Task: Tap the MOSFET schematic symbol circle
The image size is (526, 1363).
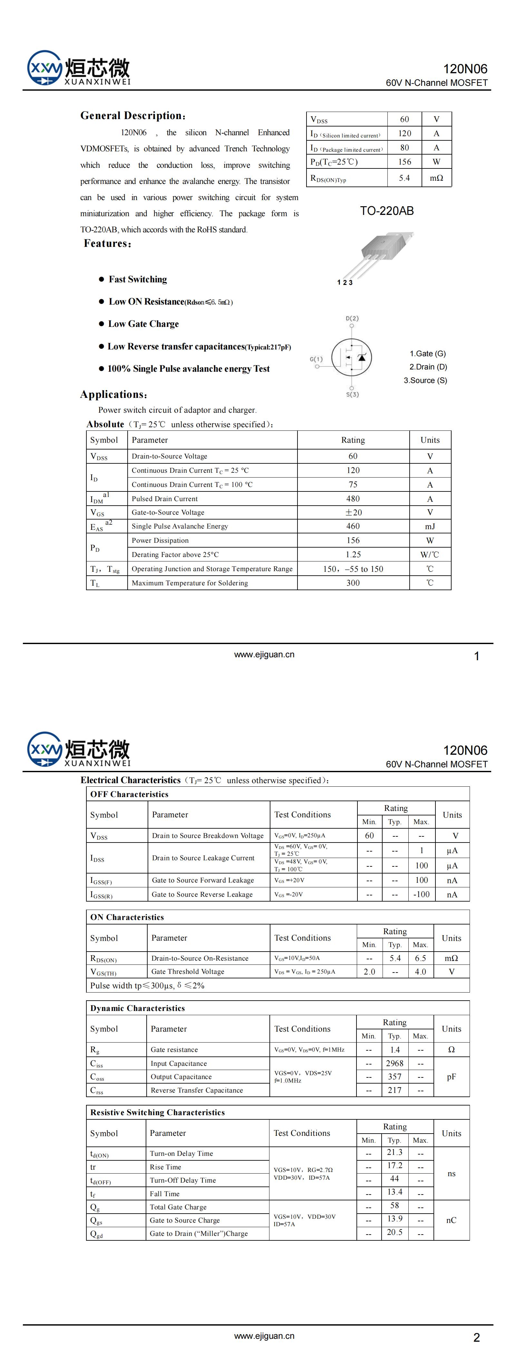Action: (x=352, y=357)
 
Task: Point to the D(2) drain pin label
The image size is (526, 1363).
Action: (x=352, y=318)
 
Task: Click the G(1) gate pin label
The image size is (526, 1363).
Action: (x=316, y=359)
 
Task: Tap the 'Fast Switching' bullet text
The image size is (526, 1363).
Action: (x=137, y=279)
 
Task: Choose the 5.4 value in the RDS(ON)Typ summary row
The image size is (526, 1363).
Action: (x=404, y=178)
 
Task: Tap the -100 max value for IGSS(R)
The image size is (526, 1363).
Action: (x=421, y=894)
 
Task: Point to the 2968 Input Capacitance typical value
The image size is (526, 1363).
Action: (x=394, y=1063)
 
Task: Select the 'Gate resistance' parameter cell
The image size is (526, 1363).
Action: (x=174, y=1050)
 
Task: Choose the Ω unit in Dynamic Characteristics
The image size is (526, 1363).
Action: (x=451, y=1050)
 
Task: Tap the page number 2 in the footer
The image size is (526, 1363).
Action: (x=476, y=1338)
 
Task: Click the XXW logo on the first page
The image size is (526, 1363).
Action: (x=44, y=68)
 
